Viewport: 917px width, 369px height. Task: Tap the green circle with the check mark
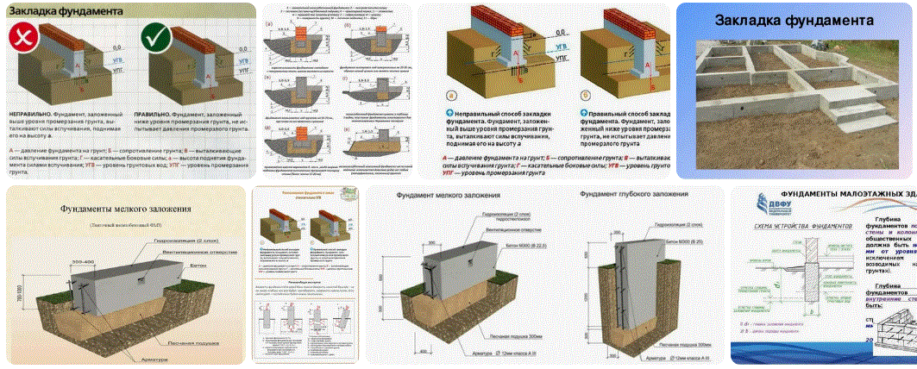[x=156, y=39]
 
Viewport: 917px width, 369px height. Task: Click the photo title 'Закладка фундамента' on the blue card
[x=795, y=21]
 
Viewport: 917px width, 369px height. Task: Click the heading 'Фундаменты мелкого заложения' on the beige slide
[x=125, y=209]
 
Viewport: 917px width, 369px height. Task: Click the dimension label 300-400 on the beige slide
[x=84, y=260]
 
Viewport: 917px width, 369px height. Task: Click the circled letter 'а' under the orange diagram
[x=450, y=97]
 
